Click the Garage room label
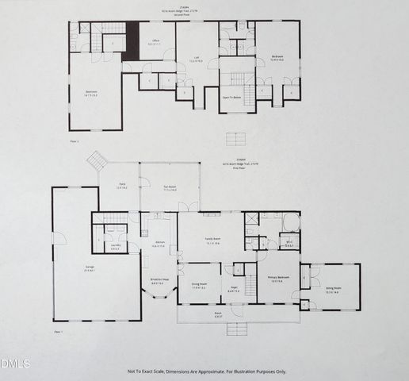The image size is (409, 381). pos(89,269)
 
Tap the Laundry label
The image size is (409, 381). pos(116,247)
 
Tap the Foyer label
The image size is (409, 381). pos(234,290)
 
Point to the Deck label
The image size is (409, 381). pos(122,187)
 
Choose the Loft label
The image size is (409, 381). pos(197,60)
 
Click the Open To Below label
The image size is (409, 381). pos(232,98)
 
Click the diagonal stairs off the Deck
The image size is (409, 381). pos(96,160)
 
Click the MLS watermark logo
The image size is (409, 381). pos(15,364)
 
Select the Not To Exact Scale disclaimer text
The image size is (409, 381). pos(204,371)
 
